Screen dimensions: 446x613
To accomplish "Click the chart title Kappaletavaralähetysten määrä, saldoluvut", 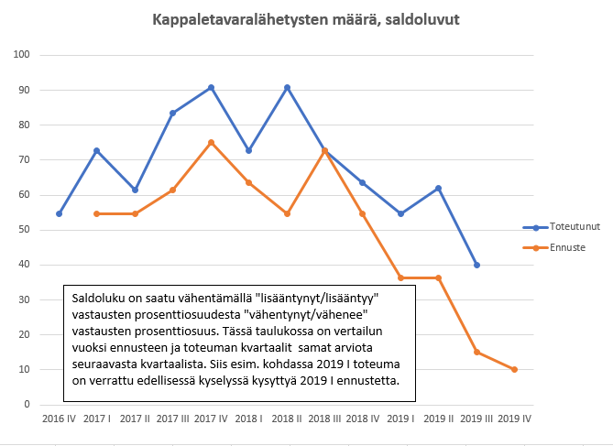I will (306, 19).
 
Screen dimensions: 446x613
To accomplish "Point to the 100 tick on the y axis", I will (23, 55).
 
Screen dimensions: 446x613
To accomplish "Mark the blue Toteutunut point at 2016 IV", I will (60, 213).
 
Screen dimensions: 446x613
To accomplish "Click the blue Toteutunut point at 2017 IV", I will (211, 88).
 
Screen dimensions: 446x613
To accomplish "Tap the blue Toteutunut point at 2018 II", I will (287, 88).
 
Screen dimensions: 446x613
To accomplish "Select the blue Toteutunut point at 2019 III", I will (476, 265).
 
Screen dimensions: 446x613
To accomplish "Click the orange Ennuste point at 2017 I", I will (97, 213).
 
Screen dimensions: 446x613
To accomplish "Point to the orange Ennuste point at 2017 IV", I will (211, 143).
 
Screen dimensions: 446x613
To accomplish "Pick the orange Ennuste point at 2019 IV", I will (514, 369).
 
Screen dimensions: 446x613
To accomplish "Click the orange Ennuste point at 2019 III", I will (476, 352).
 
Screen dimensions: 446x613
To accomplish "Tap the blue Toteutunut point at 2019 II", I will (438, 188).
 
